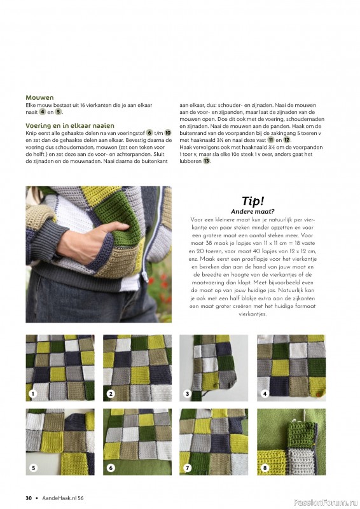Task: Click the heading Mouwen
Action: tap(39, 97)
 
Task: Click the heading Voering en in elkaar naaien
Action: tap(70, 125)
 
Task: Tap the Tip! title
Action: tap(253, 201)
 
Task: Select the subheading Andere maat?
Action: tap(253, 212)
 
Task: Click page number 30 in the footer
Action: tap(29, 498)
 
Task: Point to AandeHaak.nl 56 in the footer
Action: tap(63, 498)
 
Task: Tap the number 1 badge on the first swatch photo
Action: tap(33, 394)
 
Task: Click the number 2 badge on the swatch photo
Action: tap(111, 394)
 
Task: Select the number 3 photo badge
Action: tap(187, 394)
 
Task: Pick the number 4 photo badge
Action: tap(265, 394)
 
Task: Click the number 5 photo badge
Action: tap(33, 468)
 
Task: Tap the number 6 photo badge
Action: tap(111, 468)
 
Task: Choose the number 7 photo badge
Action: tap(187, 468)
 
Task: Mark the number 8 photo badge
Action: tap(265, 468)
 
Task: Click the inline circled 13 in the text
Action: tap(207, 161)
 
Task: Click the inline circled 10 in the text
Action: tap(167, 133)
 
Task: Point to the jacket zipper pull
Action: tap(145, 277)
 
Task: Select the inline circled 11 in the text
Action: tap(271, 140)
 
